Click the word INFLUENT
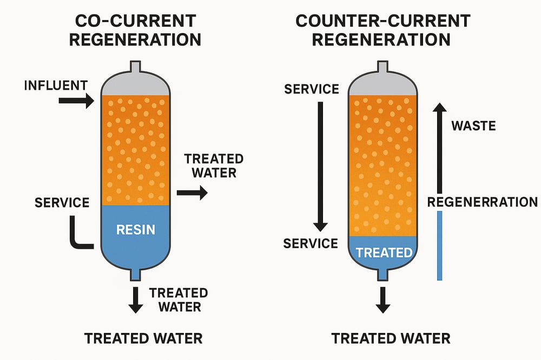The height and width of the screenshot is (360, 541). click(56, 85)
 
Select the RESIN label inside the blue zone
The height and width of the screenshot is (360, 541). click(136, 229)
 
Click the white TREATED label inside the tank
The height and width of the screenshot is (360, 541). click(384, 252)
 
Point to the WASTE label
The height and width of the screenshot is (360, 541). click(473, 126)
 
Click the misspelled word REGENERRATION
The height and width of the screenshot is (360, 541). click(482, 202)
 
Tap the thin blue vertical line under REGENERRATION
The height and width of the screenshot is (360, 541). click(440, 245)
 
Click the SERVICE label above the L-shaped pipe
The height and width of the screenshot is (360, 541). click(62, 203)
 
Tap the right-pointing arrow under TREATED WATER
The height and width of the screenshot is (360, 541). click(193, 192)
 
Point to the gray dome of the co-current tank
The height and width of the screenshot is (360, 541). click(135, 84)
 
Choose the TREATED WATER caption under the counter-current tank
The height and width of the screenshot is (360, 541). click(391, 339)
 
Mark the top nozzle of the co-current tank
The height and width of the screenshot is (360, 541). click(135, 68)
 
